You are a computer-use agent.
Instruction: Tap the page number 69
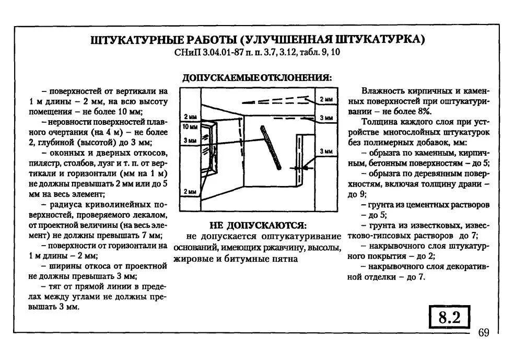[483, 333]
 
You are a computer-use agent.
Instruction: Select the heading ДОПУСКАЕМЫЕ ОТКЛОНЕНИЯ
[256, 77]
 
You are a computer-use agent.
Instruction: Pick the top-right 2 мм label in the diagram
[325, 99]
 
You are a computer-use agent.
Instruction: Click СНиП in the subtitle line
[190, 53]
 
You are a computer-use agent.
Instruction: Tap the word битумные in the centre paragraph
[246, 259]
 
